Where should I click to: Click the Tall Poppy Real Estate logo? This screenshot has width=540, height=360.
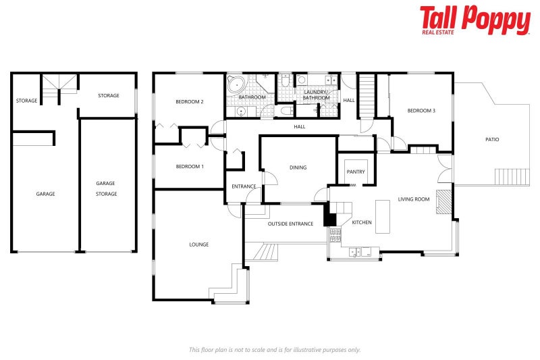click(475, 20)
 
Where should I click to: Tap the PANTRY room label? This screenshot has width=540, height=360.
click(356, 172)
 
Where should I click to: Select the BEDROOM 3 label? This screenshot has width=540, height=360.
click(421, 110)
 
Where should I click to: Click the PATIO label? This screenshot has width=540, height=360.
click(492, 140)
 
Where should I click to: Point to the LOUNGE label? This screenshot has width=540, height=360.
click(198, 245)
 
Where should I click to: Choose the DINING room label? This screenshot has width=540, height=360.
click(298, 168)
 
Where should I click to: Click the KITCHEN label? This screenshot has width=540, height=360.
click(362, 222)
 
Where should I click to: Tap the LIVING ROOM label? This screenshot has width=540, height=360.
click(414, 199)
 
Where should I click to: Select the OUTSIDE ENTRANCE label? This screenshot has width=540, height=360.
click(290, 224)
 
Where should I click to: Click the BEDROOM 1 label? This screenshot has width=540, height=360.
click(190, 166)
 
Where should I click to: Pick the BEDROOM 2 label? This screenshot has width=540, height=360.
click(190, 102)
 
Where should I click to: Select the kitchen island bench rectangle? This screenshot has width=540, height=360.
click(383, 216)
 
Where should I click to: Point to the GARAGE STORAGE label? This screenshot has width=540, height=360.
click(106, 188)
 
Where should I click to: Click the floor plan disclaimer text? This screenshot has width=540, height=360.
click(274, 349)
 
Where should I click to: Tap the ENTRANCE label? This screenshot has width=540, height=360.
click(244, 186)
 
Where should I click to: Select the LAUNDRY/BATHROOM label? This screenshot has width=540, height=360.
click(316, 95)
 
